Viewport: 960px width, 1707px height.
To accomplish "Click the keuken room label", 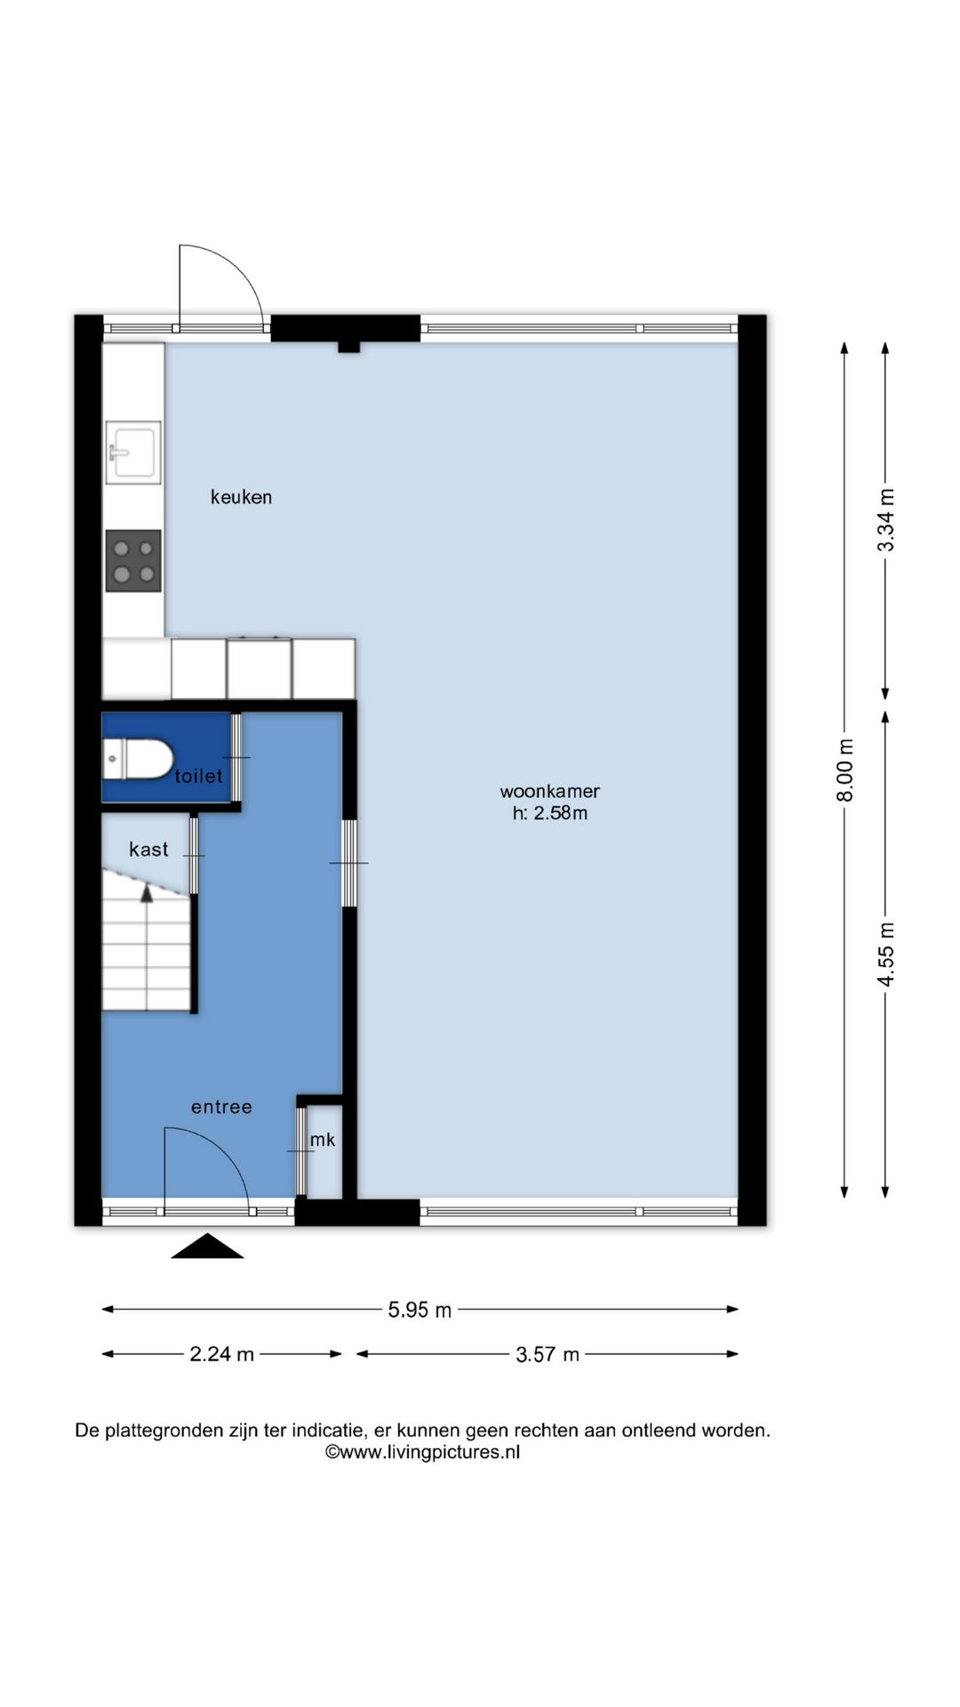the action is (241, 497).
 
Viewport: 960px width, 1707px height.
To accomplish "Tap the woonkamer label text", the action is (549, 790).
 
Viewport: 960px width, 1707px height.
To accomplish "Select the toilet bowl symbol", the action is (139, 758).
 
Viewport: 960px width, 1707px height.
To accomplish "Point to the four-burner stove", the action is (133, 561).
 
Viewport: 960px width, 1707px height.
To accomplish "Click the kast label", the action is (148, 849).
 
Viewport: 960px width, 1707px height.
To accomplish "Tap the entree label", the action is (221, 1107).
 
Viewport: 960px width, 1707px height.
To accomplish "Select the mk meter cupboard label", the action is (323, 1139).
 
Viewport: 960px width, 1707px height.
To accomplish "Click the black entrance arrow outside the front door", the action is (207, 1246).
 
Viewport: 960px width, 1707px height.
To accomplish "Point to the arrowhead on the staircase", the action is (147, 893).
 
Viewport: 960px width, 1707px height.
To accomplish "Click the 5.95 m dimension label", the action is (420, 1310).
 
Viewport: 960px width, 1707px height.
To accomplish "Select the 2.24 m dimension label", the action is (221, 1354).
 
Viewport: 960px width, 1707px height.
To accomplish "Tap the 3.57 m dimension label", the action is (548, 1354).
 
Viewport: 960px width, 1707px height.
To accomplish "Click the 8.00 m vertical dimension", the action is (845, 770).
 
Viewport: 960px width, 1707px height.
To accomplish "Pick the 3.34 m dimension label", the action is (886, 520).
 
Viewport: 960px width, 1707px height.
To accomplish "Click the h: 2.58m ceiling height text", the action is (549, 813).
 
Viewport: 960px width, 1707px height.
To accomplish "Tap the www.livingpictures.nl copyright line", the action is (422, 1452).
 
